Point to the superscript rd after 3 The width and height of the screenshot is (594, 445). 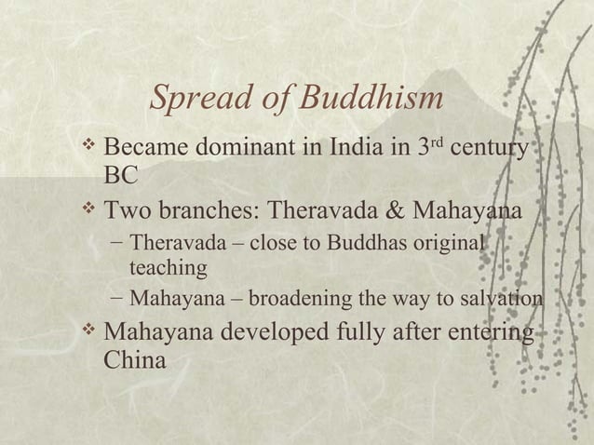434,142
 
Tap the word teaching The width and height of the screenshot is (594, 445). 168,269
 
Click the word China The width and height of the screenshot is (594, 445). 135,359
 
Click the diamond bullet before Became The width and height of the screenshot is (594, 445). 89,145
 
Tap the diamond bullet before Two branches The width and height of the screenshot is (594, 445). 89,209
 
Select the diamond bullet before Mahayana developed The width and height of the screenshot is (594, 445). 89,331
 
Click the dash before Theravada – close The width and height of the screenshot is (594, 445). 115,244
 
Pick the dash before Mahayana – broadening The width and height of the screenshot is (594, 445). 115,299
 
